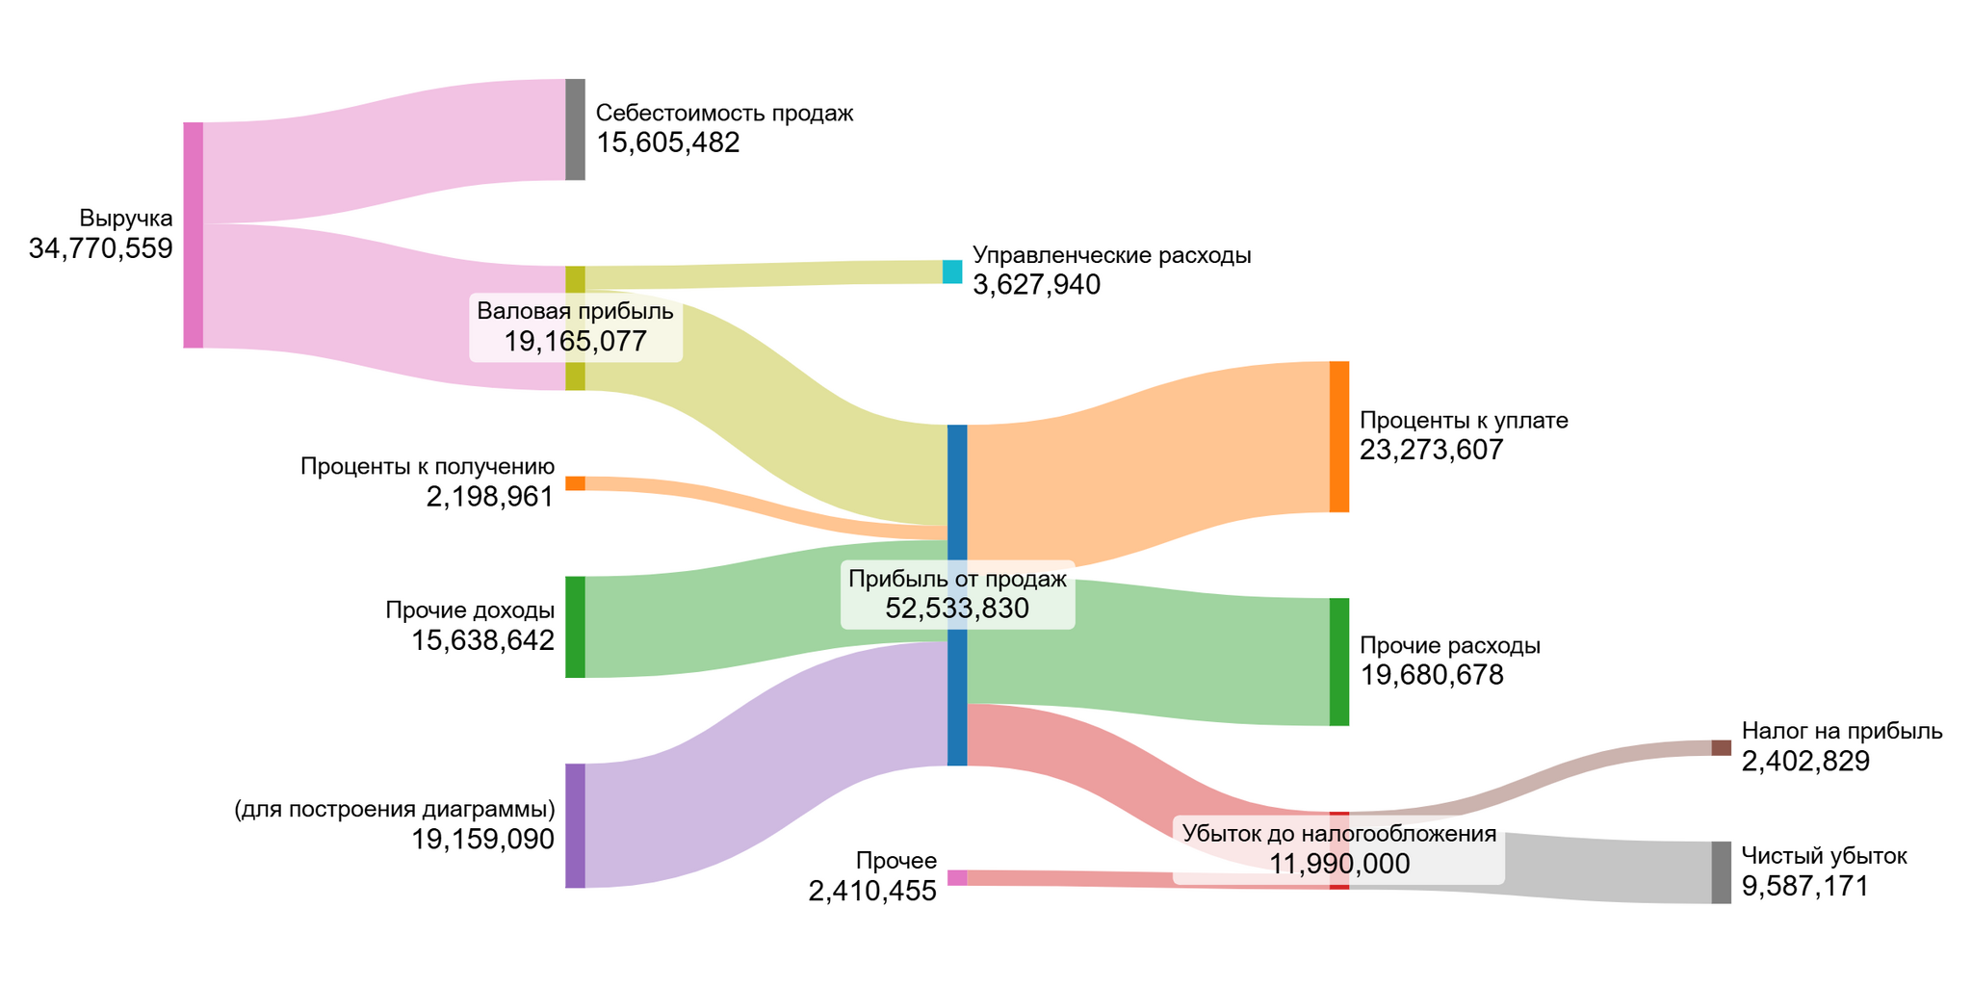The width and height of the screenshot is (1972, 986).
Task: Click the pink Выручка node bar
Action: [x=194, y=235]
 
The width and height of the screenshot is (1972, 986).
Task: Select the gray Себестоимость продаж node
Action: [x=575, y=129]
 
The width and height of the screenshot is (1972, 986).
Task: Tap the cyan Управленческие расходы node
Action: [x=952, y=272]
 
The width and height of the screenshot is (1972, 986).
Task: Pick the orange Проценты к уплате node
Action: [x=1338, y=436]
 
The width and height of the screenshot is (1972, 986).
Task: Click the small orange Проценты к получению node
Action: [x=575, y=483]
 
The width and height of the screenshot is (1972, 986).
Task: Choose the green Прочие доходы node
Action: [x=575, y=627]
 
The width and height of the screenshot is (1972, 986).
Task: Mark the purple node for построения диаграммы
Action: [x=575, y=825]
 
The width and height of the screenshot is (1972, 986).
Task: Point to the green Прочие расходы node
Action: [x=1338, y=662]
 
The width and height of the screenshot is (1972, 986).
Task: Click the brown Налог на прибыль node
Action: [x=1721, y=748]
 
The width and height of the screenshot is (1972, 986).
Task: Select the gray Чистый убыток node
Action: [x=1721, y=872]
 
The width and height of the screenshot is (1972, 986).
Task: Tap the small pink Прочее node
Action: [x=956, y=877]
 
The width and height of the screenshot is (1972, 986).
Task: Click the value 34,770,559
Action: [x=101, y=249]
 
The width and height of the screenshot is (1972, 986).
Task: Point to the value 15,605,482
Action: [x=667, y=143]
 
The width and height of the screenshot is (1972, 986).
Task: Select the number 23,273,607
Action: [x=1431, y=450]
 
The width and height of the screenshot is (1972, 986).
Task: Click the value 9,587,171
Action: [x=1804, y=887]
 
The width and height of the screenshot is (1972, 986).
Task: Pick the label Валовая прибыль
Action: [x=575, y=311]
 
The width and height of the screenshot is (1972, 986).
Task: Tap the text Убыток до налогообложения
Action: [x=1338, y=834]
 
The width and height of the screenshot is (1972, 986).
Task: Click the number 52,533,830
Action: [x=957, y=609]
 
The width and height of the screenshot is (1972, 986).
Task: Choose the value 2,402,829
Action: [x=1805, y=762]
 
